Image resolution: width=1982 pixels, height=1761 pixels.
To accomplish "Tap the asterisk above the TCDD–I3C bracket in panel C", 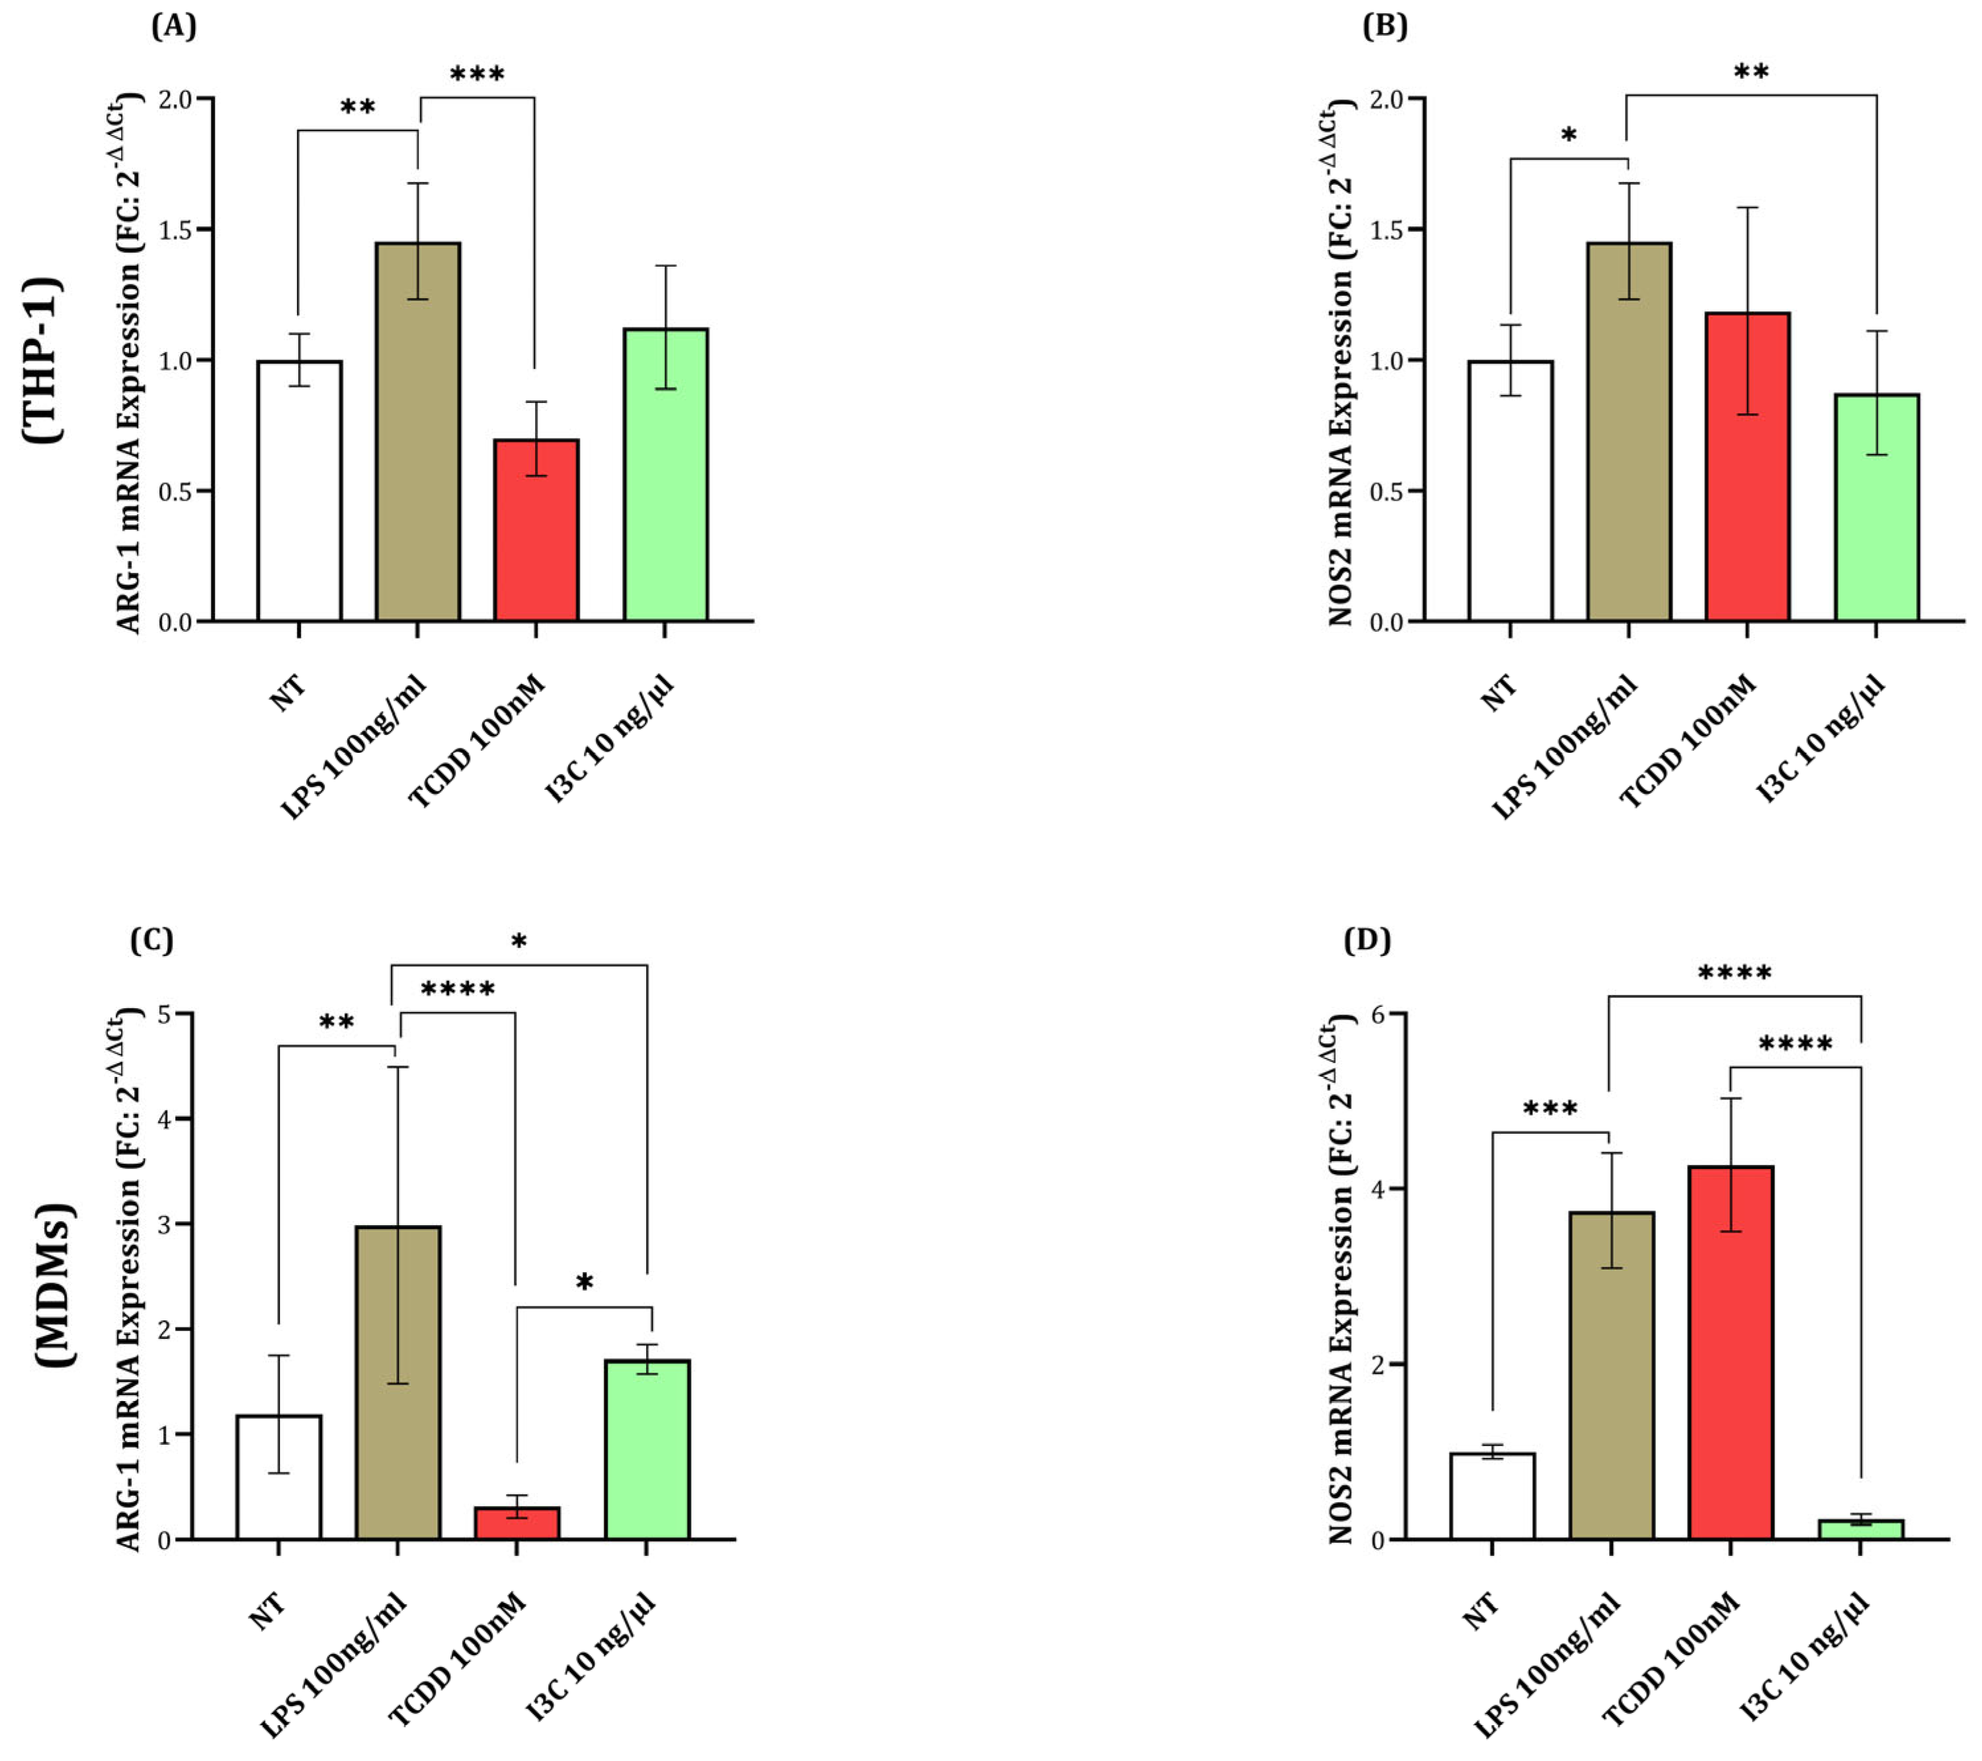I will pyautogui.click(x=584, y=1283).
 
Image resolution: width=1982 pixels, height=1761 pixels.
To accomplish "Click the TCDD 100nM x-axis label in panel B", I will pyautogui.click(x=1686, y=741).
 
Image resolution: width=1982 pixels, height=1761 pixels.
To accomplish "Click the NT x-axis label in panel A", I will pyautogui.click(x=288, y=693).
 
